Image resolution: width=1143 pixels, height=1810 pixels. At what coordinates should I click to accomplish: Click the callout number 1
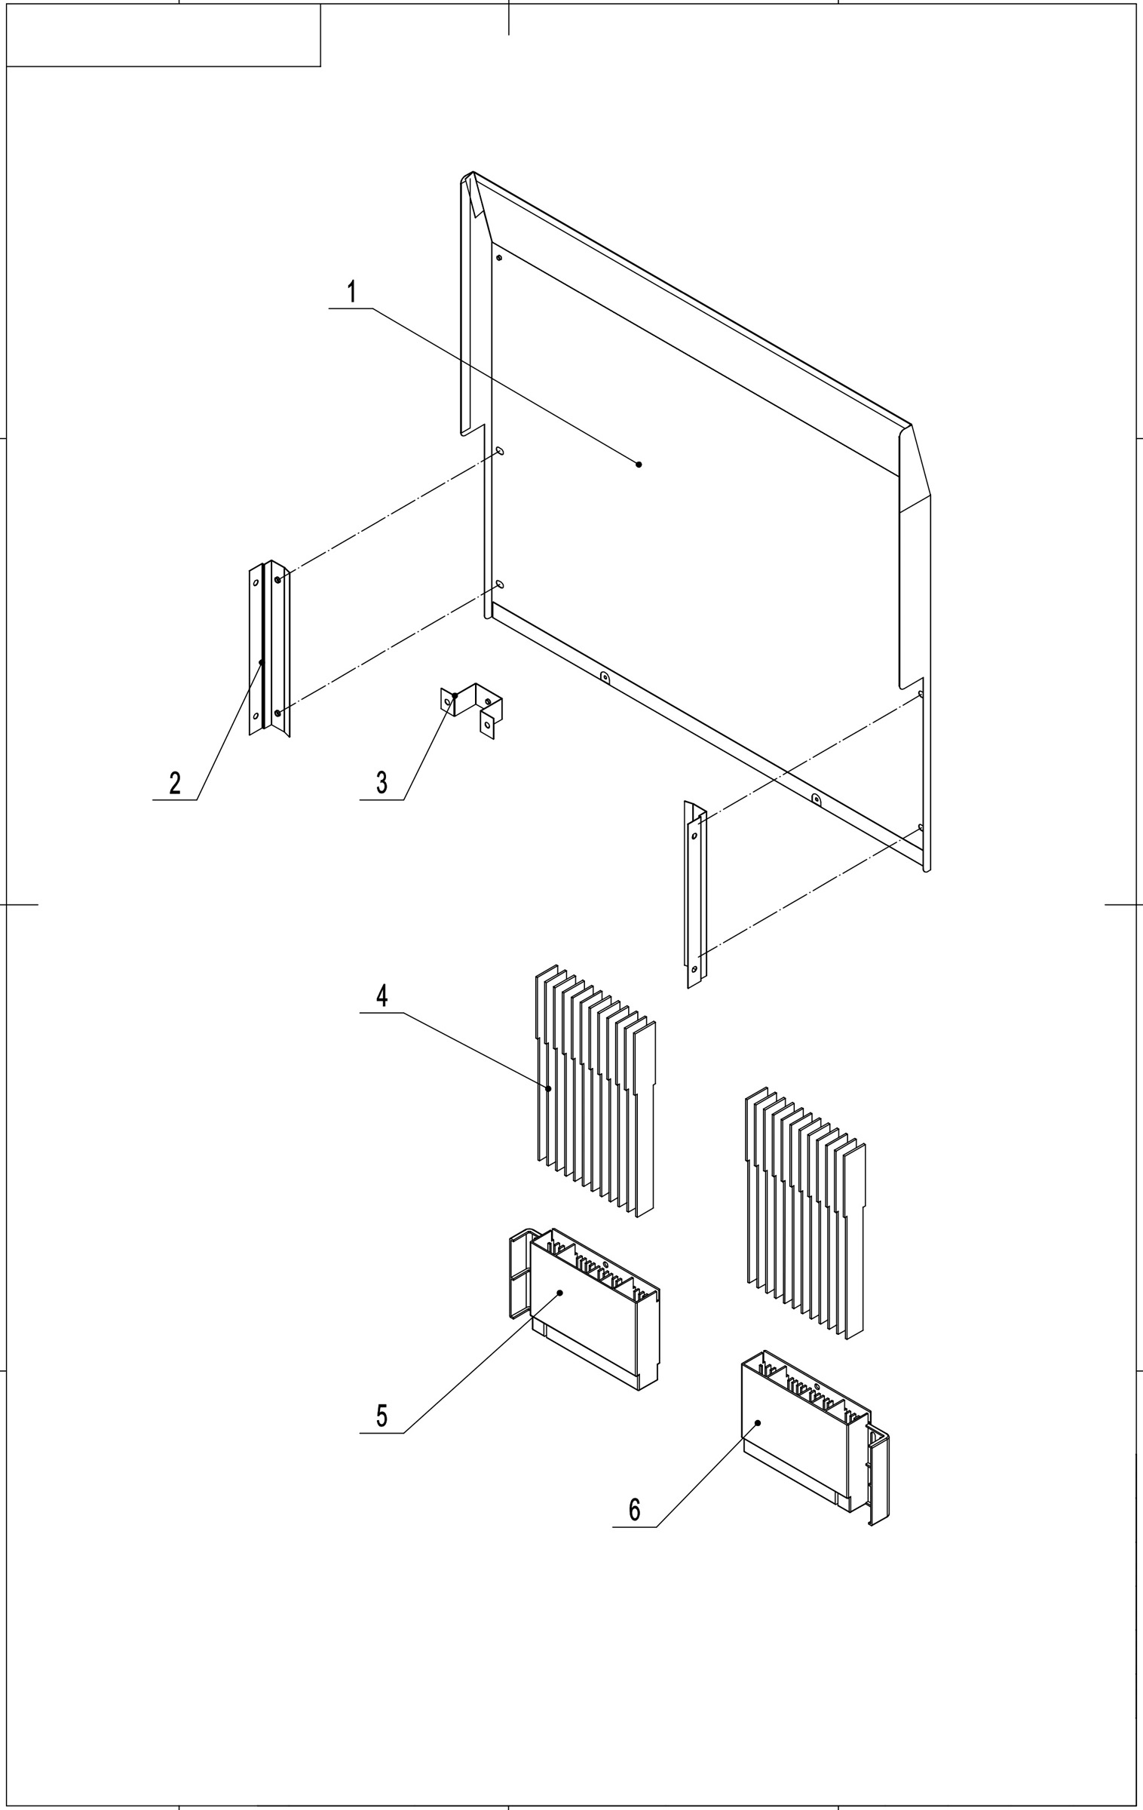coord(352,292)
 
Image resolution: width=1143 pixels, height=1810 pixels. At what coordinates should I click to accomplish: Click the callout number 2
coord(175,783)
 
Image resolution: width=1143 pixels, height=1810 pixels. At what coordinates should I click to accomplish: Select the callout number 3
coord(382,783)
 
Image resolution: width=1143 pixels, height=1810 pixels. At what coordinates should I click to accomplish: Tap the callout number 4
coord(382,996)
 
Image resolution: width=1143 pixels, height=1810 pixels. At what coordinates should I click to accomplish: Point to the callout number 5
coord(382,1416)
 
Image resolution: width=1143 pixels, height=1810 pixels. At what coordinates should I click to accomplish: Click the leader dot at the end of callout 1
coord(639,464)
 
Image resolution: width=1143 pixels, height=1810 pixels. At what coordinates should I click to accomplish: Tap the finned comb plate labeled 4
coord(596,1094)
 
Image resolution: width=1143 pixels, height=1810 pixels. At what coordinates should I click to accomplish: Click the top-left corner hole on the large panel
coord(499,258)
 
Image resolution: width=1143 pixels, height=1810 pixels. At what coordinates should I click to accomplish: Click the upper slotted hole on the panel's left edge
coord(500,451)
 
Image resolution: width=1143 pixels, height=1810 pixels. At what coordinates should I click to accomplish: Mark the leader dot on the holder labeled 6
coord(758,1422)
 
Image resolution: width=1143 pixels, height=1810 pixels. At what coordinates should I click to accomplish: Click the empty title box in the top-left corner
coord(163,35)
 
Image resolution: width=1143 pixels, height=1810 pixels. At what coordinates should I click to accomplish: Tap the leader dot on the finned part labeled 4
coord(549,1088)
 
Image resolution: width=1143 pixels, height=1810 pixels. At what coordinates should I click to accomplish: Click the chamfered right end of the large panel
coord(915,468)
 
